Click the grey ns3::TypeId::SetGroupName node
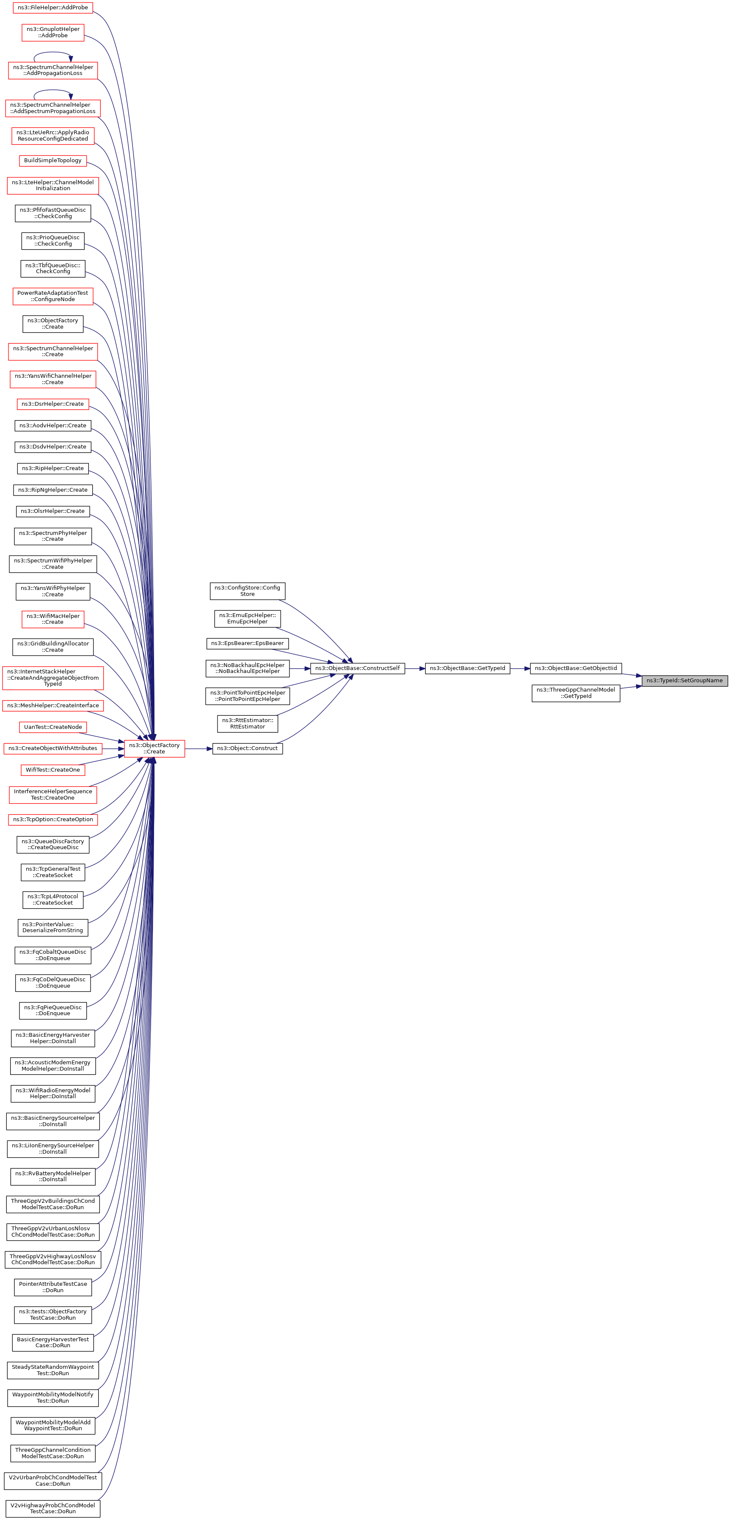(684, 680)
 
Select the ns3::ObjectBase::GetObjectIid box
(576, 668)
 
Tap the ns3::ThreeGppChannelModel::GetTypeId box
(576, 693)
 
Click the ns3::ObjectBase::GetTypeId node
(467, 668)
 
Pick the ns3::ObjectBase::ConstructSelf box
(357, 668)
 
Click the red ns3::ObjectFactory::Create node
(154, 748)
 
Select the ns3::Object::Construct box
(247, 748)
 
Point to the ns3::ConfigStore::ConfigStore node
(247, 591)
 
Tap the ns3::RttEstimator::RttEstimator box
(247, 723)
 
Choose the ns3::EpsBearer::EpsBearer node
(247, 643)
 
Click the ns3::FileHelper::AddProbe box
(52, 8)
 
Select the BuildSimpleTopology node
(52, 161)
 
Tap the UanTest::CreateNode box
(52, 727)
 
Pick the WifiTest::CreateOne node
(52, 770)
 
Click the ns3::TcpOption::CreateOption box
(52, 819)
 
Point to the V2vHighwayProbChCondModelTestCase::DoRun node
(52, 1508)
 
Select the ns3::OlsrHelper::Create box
(52, 511)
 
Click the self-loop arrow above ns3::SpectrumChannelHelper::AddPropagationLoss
(52, 53)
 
